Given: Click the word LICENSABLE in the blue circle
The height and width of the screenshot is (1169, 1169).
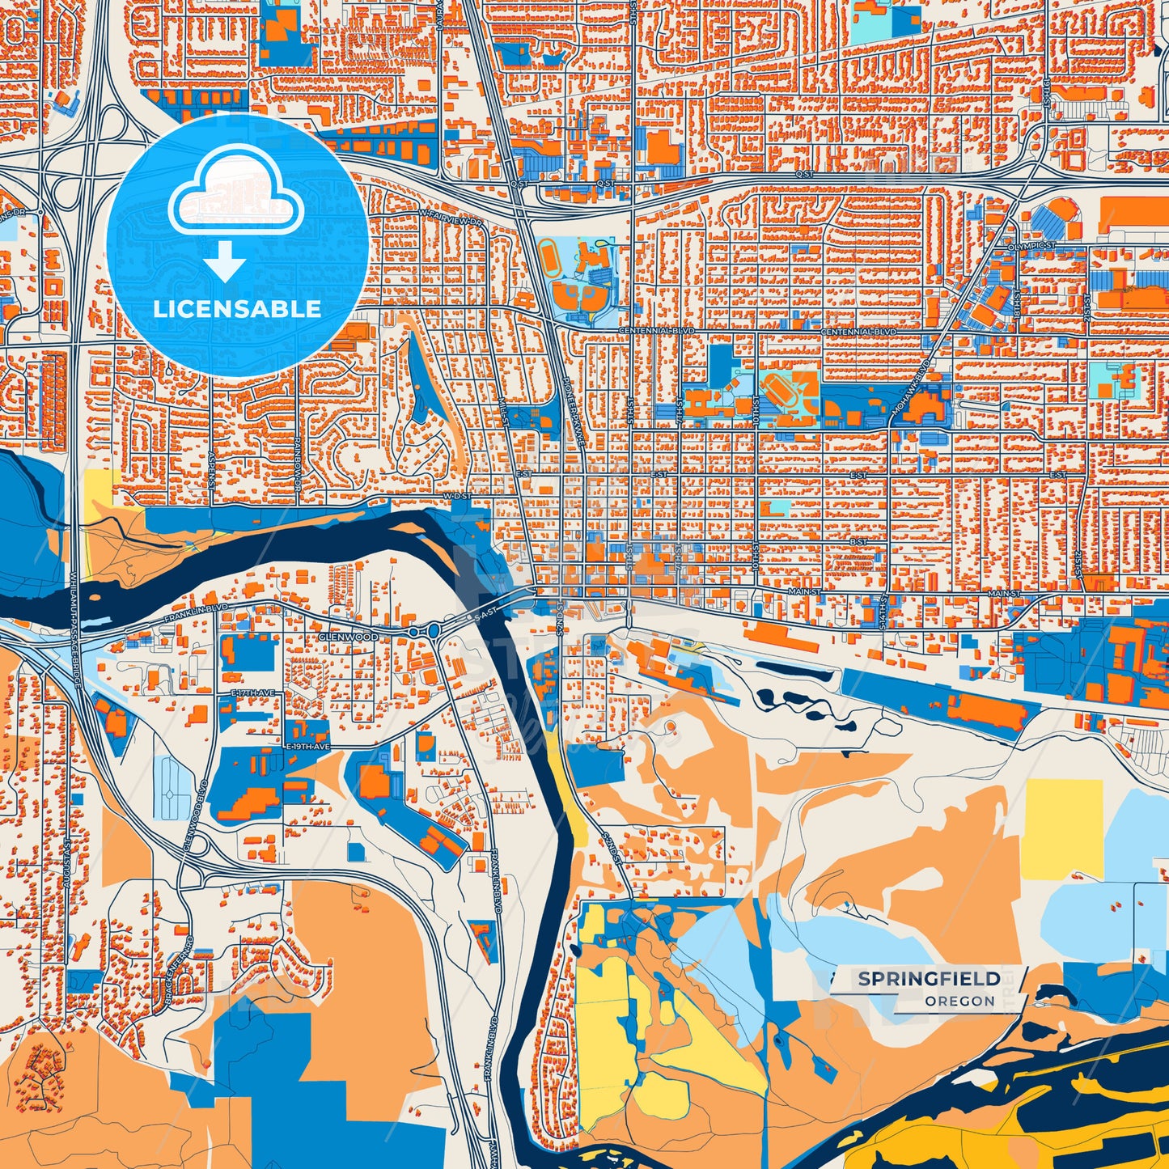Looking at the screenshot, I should tap(237, 308).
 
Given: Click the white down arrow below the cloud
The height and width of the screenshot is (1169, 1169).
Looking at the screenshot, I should tap(226, 261).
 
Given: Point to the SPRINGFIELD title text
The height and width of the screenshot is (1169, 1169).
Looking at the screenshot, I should tap(929, 979).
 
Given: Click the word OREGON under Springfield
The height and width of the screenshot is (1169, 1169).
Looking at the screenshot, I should tap(960, 1001).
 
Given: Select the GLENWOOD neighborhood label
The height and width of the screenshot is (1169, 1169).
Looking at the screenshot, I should tap(348, 637).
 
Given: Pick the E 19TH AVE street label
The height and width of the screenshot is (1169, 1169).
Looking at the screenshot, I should tap(308, 745).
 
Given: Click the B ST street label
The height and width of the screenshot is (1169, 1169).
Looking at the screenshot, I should tap(858, 541).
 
